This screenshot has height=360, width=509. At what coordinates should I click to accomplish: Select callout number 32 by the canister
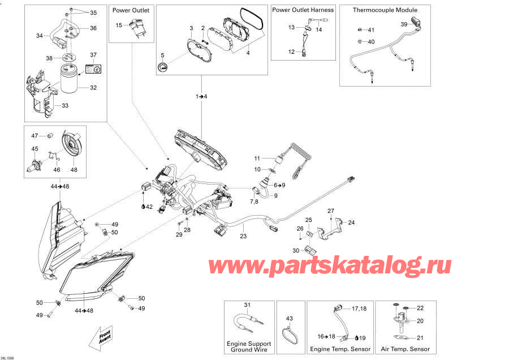pos(93,88)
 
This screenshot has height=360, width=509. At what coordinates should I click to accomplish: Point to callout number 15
pos(119,25)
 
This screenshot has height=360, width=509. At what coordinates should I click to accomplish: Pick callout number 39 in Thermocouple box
pos(404,24)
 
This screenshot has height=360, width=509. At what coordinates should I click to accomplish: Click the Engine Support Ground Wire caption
pos(249,346)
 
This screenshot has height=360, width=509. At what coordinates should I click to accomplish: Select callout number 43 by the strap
pos(289,318)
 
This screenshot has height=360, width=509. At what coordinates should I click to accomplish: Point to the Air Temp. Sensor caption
pos(406,349)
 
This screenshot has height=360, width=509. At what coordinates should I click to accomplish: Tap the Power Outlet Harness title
pos(303,10)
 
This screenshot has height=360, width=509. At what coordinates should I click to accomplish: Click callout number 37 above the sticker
pos(94,55)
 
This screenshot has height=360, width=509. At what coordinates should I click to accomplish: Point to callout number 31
pos(247,305)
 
